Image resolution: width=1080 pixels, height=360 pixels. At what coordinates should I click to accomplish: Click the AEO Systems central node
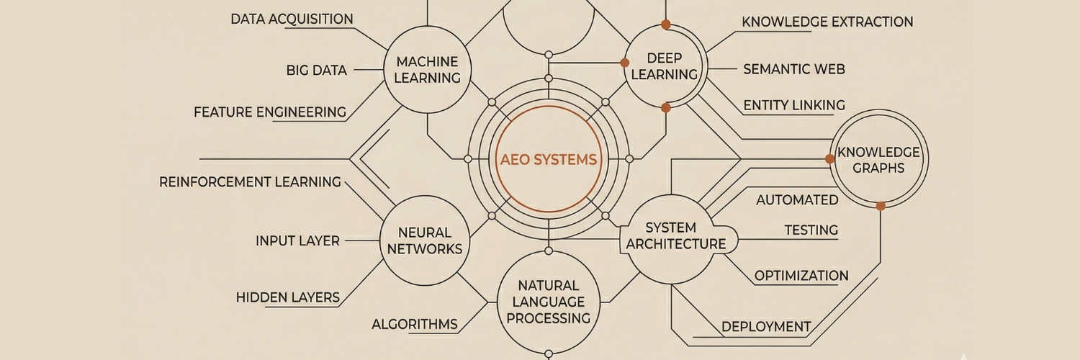549,159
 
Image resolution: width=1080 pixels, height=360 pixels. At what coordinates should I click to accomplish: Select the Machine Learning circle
428,70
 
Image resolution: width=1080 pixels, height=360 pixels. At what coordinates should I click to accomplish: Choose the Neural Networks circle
425,240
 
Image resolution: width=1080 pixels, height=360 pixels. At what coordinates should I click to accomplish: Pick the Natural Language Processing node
549,301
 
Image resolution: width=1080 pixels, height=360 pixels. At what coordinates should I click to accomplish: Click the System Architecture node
675,236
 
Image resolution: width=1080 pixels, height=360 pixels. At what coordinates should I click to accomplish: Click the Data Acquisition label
292,19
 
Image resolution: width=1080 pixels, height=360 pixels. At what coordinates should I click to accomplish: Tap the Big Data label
317,70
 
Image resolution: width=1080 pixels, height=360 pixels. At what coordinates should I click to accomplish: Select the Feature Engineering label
270,112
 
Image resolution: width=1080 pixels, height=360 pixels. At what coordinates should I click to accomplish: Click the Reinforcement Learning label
250,181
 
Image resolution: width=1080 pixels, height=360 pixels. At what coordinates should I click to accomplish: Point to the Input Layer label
297,240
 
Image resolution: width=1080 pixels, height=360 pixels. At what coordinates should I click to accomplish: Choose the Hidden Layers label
288,297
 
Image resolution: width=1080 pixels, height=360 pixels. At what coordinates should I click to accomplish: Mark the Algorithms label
415,324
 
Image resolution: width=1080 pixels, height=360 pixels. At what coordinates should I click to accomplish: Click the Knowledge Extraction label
827,22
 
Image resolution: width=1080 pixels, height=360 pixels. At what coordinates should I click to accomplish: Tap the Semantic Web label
794,69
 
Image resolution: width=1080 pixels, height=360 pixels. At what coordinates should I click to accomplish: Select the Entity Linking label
794,105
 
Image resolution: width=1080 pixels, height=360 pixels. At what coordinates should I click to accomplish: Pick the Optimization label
801,276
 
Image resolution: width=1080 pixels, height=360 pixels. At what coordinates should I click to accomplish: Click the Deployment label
766,326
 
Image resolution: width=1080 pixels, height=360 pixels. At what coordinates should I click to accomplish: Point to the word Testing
811,230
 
